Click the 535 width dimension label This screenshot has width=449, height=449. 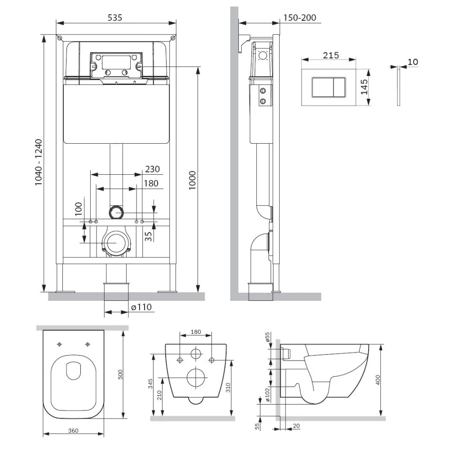coord(115,18)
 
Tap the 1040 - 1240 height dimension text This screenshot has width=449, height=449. coord(38,163)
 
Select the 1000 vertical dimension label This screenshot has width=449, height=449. coord(192,180)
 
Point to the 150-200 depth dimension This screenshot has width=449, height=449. coord(300,18)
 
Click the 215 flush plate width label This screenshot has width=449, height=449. coord(331,55)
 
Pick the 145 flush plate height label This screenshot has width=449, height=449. coord(364,87)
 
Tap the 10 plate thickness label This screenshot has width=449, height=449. coord(413,62)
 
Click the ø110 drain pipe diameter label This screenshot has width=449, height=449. coord(141,307)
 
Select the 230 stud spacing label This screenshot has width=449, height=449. coord(152,169)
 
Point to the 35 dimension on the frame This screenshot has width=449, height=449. coord(148,236)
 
